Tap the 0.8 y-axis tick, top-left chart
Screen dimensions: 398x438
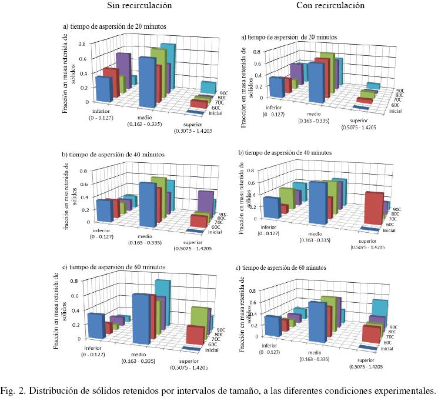tap(82, 44)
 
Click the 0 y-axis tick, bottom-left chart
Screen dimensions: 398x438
tap(77, 339)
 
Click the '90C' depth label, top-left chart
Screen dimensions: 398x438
tap(224, 93)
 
